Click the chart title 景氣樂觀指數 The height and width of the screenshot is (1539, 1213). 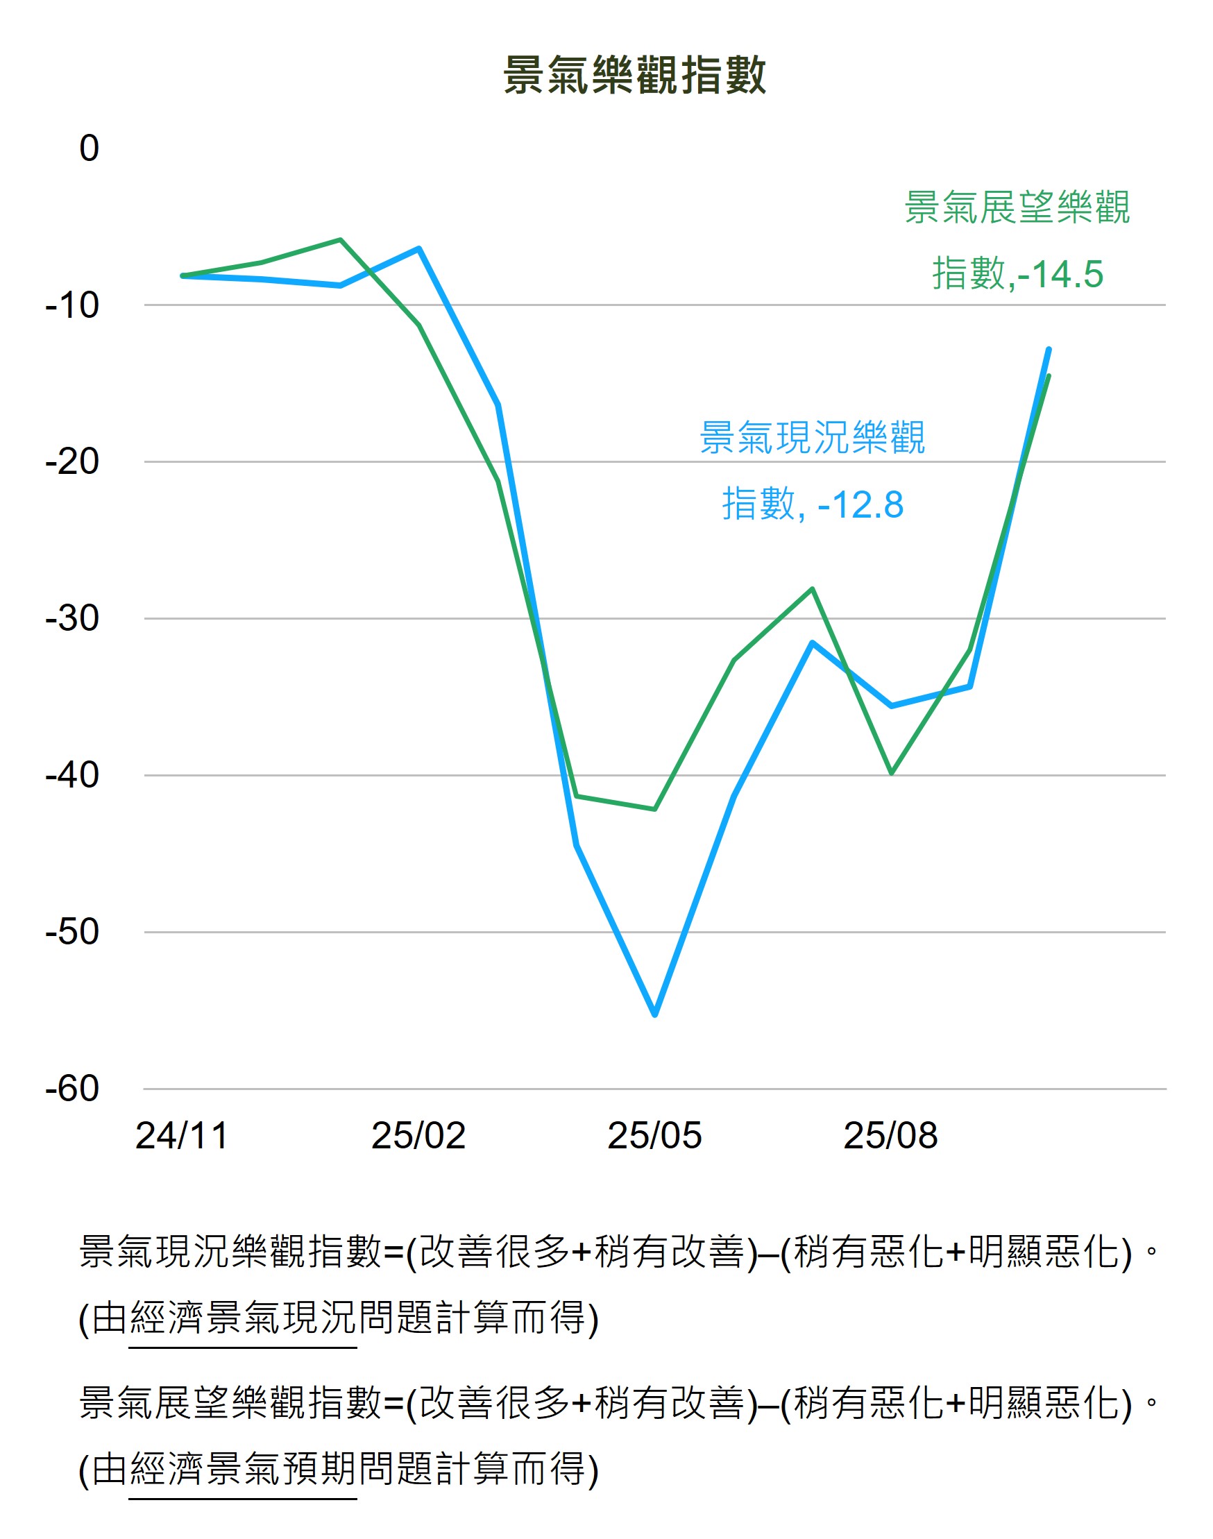point(634,75)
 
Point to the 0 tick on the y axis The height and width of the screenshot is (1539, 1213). point(89,148)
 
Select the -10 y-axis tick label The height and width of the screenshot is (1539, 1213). point(71,305)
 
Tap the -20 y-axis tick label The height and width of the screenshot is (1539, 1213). point(71,461)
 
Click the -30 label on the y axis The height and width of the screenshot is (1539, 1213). point(71,618)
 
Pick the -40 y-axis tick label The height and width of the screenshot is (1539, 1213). point(71,775)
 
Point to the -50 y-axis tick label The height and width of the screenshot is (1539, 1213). point(71,932)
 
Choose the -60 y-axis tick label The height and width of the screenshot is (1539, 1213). point(71,1089)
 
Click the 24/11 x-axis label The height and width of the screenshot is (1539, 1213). point(182,1136)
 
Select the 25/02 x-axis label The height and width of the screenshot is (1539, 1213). point(418,1136)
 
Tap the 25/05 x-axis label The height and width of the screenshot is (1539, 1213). point(654,1136)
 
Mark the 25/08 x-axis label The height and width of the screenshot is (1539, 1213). point(890,1136)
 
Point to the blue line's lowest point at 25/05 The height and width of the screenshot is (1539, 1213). point(655,1014)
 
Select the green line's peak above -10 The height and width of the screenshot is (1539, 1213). point(341,240)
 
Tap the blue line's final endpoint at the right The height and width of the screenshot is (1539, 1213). point(1049,350)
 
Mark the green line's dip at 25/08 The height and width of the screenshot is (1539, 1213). point(891,772)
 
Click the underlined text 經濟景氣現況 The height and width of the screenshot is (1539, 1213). point(243,1319)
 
